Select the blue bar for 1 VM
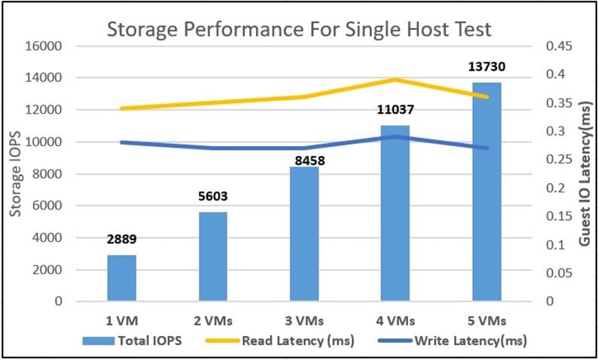[x=122, y=278]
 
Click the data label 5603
[x=213, y=197]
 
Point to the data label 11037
[x=395, y=111]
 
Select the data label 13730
[x=487, y=68]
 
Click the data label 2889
[x=122, y=240]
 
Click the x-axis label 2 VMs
[x=213, y=320]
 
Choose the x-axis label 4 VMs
[x=395, y=320]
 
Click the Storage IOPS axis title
[x=15, y=175]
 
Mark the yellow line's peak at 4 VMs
[x=395, y=80]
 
